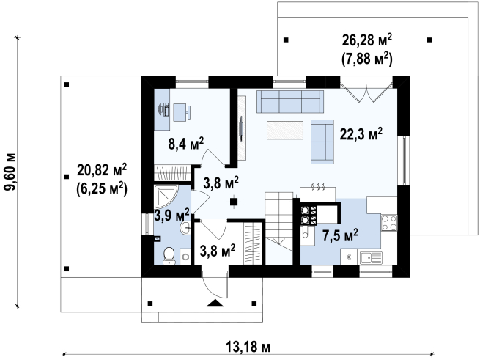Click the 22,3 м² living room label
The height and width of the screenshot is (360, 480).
[x=361, y=134]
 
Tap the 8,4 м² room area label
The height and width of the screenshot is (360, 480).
[x=186, y=144]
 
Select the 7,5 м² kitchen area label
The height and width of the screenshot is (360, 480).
[x=340, y=235]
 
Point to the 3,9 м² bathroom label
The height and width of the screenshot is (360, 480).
[x=171, y=215]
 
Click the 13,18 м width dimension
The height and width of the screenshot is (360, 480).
[x=248, y=347]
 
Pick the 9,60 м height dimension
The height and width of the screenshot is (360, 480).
[x=10, y=172]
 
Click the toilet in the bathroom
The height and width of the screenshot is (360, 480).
[x=169, y=256]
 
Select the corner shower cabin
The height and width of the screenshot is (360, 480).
[x=165, y=196]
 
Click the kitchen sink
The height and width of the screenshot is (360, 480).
[x=371, y=257]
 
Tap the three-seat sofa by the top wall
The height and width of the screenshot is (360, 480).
[x=290, y=101]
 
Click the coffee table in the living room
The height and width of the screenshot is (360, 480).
[x=285, y=131]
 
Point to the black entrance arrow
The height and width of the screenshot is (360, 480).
[x=215, y=303]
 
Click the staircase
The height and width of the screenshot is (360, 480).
[x=279, y=228]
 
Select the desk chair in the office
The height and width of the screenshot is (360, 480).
[x=182, y=112]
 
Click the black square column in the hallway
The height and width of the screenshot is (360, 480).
[x=234, y=202]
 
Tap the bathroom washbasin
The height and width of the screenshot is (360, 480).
[x=185, y=228]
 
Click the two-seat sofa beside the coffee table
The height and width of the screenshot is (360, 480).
[x=322, y=142]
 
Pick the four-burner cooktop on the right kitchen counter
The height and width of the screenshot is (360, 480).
[x=389, y=223]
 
